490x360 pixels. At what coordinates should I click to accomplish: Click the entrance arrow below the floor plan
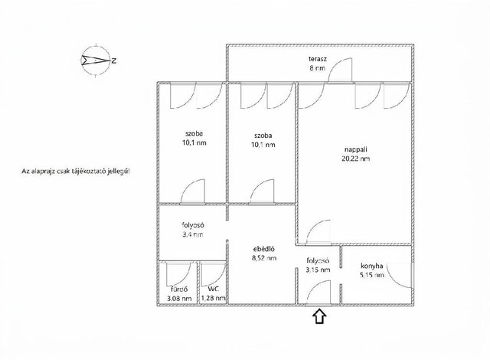coord(319,316)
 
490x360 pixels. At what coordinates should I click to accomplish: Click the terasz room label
coord(318,59)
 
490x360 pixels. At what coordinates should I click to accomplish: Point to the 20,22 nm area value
coord(355,159)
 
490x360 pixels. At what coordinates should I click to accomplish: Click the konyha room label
coord(372,267)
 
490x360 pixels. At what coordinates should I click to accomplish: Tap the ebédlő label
coord(263,249)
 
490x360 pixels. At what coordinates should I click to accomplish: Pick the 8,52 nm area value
coord(264,258)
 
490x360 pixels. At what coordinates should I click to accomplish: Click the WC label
coord(213,289)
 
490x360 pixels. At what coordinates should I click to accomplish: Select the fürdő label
coord(179,289)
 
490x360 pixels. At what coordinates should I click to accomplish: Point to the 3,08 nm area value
coord(179,299)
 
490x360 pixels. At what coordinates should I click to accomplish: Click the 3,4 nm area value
coord(193,234)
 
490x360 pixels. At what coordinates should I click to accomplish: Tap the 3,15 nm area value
coord(318,270)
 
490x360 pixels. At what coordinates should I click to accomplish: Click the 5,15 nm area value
coord(372,275)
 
